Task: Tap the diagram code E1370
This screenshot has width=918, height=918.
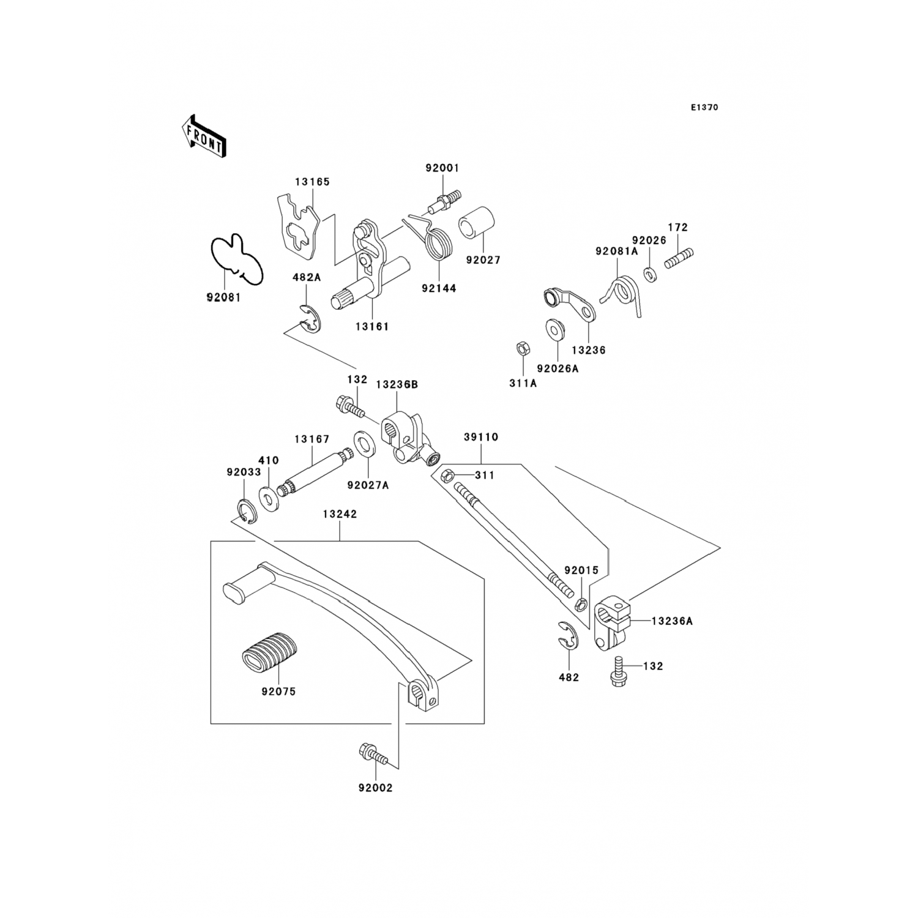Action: pos(704,108)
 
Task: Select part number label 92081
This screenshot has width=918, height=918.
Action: pos(223,297)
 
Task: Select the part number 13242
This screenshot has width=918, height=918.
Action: pos(340,515)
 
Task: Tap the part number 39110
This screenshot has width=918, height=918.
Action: pos(480,438)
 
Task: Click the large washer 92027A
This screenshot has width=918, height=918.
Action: pos(365,446)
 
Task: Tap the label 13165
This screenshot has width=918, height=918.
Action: pos(312,182)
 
